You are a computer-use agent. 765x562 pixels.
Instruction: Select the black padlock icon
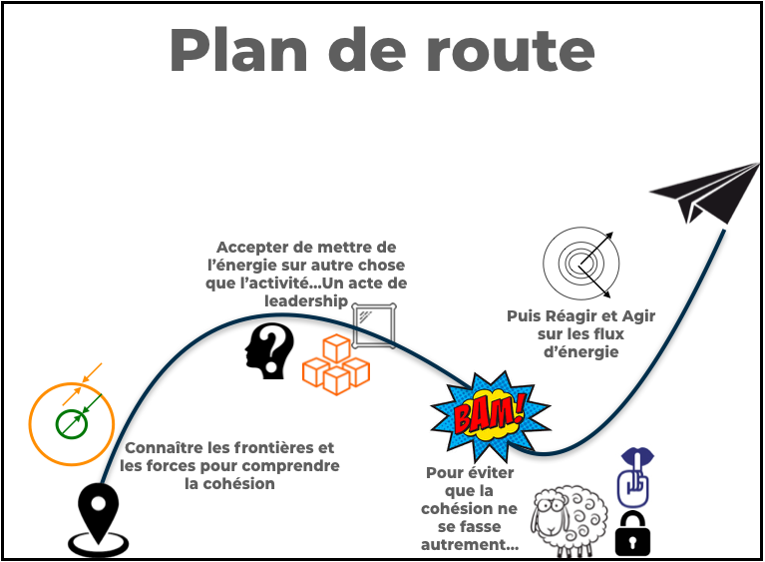(632, 533)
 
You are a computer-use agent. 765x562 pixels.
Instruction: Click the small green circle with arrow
(72, 424)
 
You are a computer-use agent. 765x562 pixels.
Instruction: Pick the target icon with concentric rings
(581, 264)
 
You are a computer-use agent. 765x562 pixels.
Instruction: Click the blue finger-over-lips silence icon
(634, 477)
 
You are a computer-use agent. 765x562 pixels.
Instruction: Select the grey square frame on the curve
(373, 324)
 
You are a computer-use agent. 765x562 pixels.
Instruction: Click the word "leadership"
(305, 300)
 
